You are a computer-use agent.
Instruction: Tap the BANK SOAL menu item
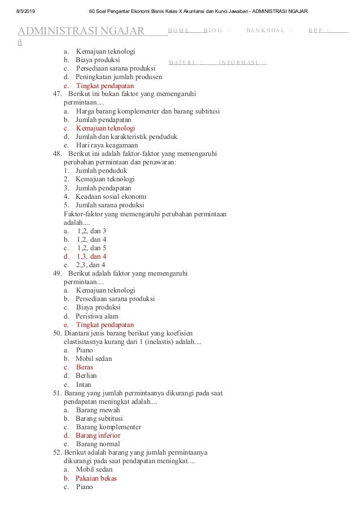(265, 30)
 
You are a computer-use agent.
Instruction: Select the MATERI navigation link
(181, 62)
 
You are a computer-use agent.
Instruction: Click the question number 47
(57, 94)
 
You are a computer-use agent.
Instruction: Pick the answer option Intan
(84, 385)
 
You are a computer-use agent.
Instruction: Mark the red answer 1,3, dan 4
(91, 256)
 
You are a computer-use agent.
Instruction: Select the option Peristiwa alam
(97, 316)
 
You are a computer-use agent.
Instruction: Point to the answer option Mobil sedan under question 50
(94, 359)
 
